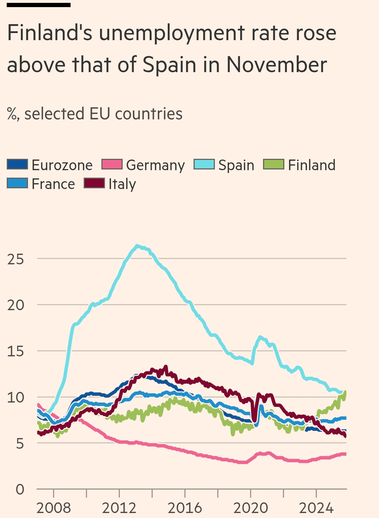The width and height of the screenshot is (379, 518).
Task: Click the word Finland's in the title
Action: (x=50, y=33)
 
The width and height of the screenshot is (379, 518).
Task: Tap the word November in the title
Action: (x=277, y=65)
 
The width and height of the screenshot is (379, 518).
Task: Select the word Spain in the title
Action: (x=169, y=65)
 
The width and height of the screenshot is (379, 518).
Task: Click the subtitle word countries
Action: (x=149, y=114)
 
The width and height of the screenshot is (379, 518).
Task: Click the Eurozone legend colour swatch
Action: (x=17, y=164)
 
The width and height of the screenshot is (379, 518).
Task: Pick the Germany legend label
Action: (x=155, y=165)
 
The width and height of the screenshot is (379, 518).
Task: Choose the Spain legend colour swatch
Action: (x=204, y=164)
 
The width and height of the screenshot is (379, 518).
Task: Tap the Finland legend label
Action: (x=312, y=165)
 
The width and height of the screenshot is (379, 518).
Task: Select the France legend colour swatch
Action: (x=17, y=183)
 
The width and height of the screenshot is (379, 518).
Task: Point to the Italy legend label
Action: (x=122, y=184)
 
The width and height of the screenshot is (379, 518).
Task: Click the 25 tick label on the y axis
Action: (x=16, y=259)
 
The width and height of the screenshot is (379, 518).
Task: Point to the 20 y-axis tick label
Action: (x=16, y=305)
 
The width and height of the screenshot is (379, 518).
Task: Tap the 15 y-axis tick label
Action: (x=16, y=351)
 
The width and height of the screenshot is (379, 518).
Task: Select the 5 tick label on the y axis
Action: (x=20, y=443)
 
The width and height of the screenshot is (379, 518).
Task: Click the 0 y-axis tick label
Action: (x=20, y=490)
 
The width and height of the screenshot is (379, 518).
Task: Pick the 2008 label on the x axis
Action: (x=54, y=508)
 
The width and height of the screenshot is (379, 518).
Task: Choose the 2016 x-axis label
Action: (x=185, y=508)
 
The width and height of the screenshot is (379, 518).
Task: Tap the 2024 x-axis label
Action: (x=316, y=508)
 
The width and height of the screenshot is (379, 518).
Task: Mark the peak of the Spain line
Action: (x=137, y=246)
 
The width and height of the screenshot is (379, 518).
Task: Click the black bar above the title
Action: (x=39, y=5)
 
